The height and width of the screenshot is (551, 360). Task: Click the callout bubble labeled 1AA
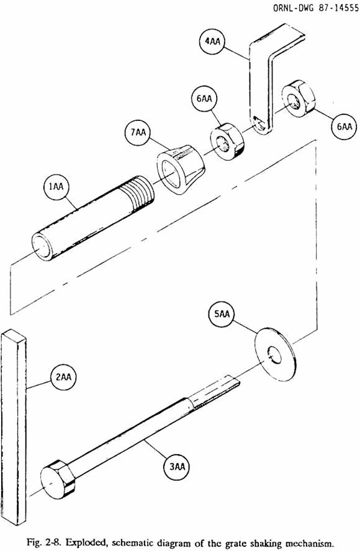pyautogui.click(x=56, y=187)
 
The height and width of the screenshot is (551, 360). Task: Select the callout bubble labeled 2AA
pyautogui.click(x=64, y=377)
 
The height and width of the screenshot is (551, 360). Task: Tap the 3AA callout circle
pyautogui.click(x=177, y=467)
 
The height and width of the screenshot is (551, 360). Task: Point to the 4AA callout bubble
pyautogui.click(x=212, y=41)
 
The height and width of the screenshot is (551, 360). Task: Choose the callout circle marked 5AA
pyautogui.click(x=222, y=314)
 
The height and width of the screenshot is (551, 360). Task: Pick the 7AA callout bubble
pyautogui.click(x=138, y=133)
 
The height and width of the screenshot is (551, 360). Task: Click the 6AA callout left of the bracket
pyautogui.click(x=204, y=99)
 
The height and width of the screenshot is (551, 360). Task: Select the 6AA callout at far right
pyautogui.click(x=344, y=127)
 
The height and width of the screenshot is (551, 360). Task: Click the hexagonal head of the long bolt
pyautogui.click(x=57, y=478)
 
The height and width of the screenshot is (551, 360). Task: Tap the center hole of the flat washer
pyautogui.click(x=274, y=356)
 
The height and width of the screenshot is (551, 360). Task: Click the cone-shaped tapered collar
pyautogui.click(x=181, y=169)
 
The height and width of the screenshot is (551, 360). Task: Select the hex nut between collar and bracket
pyautogui.click(x=226, y=141)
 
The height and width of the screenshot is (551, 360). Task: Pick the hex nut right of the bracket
pyautogui.click(x=298, y=99)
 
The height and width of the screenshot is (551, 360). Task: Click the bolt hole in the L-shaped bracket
pyautogui.click(x=259, y=124)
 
